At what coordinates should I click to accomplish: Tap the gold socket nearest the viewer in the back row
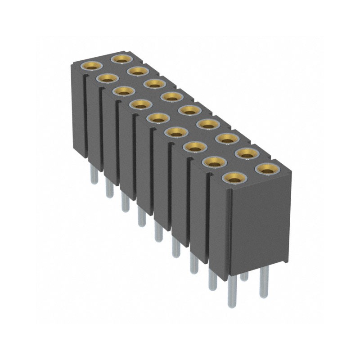[265, 169]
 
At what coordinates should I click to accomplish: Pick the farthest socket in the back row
[121, 58]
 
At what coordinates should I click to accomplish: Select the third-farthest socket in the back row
[153, 83]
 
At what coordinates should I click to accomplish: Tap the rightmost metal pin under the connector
[264, 281]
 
